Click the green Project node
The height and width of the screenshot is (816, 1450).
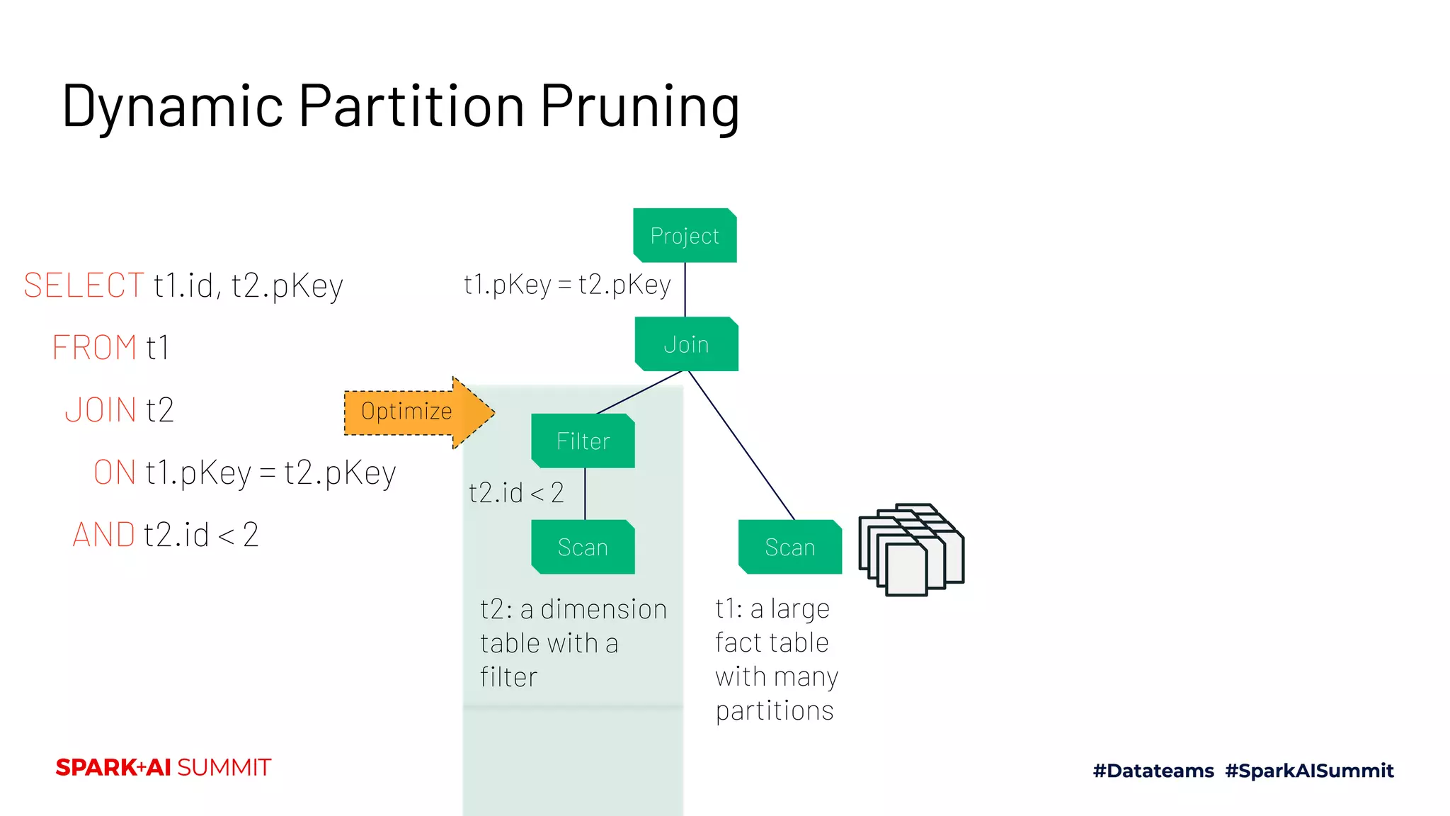point(685,235)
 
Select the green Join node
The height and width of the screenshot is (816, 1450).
point(686,344)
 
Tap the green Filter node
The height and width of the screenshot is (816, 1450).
point(583,441)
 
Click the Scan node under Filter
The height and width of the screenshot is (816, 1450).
point(583,547)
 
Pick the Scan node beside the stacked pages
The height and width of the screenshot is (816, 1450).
point(789,547)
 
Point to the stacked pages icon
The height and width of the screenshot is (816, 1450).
point(910,550)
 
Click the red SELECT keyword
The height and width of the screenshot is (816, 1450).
point(84,285)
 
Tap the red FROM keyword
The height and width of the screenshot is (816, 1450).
point(94,348)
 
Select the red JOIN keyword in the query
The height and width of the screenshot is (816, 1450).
point(101,410)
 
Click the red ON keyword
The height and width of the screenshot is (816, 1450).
point(115,472)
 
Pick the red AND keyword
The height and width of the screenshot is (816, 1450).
point(104,535)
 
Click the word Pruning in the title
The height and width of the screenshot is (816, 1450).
point(640,106)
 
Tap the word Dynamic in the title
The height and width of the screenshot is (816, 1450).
point(173,106)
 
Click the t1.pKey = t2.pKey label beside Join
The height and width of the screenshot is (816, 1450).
point(567,285)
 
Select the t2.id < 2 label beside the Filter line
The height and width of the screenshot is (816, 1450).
point(516,492)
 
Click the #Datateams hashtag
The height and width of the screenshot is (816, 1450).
point(1153,771)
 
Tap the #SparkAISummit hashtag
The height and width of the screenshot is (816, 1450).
point(1309,771)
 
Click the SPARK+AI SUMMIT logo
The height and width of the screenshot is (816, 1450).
point(164,767)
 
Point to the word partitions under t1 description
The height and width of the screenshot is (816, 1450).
point(775,710)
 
